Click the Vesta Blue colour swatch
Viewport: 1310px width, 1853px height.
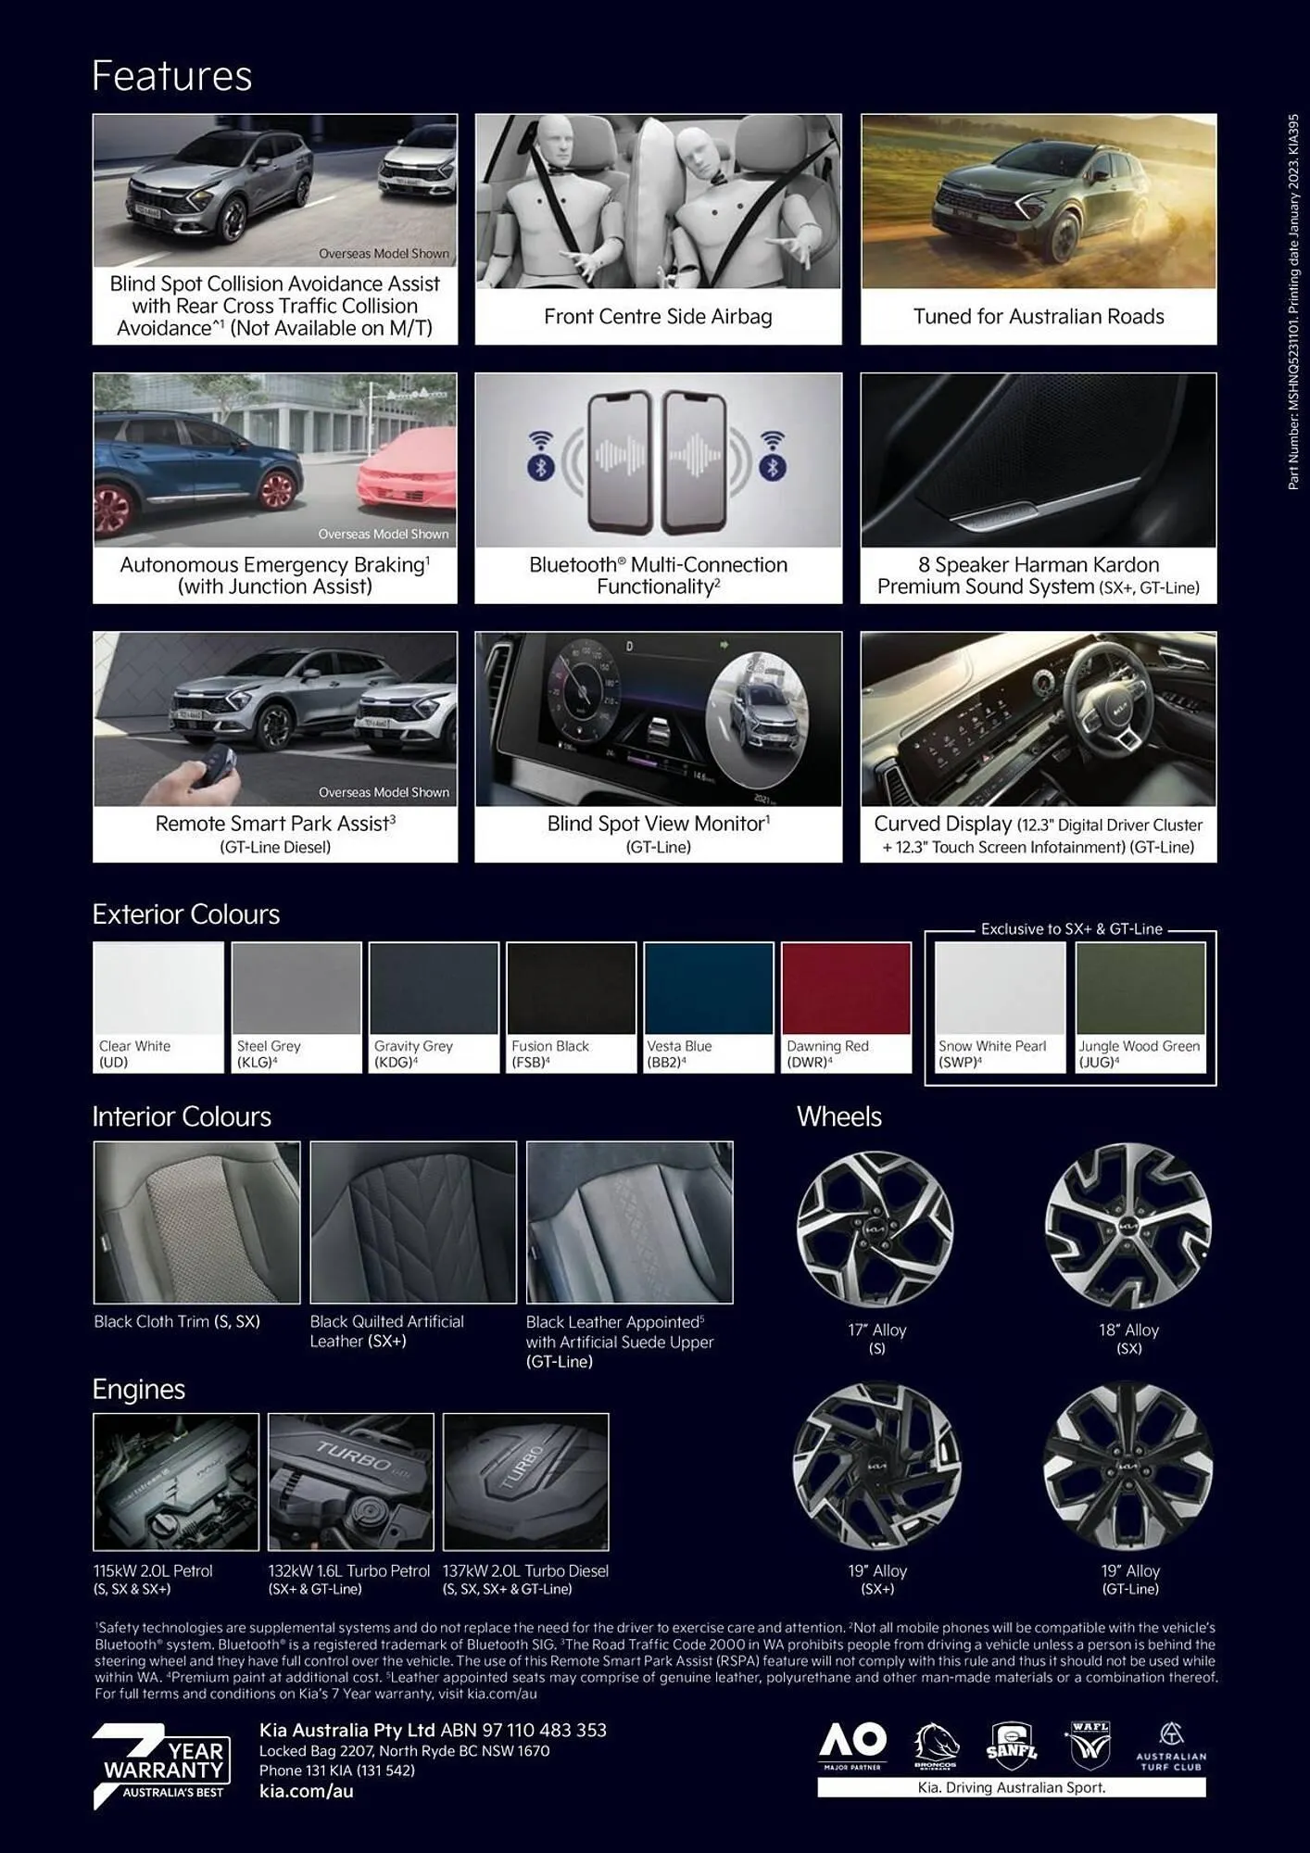[708, 989]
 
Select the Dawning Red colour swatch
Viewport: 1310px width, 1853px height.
[846, 989]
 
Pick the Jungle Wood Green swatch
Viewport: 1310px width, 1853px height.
[1140, 989]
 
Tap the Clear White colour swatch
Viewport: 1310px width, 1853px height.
[158, 989]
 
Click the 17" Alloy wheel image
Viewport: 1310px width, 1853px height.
[875, 1229]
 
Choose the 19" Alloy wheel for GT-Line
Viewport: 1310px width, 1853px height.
[1128, 1467]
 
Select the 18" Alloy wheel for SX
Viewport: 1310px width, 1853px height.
[1128, 1226]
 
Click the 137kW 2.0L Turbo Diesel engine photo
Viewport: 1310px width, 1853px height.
[525, 1481]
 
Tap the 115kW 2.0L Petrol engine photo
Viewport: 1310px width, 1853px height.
[176, 1481]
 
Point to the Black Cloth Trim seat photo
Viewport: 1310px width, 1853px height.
[197, 1222]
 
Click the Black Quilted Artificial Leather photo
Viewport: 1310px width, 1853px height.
[413, 1222]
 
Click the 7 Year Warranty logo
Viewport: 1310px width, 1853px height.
[162, 1765]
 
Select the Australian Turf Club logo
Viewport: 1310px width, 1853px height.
[1171, 1746]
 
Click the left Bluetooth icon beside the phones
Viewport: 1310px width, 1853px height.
[541, 466]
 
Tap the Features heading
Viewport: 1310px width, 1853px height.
[172, 76]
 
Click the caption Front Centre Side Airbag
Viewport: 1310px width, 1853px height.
[658, 317]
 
